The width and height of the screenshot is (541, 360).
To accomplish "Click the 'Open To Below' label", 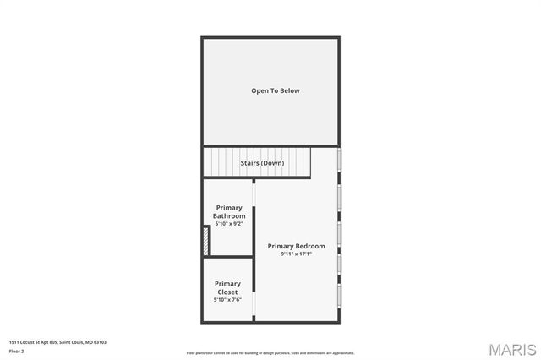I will pyautogui.click(x=275, y=90).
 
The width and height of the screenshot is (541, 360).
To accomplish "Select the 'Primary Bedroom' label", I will pyautogui.click(x=296, y=246).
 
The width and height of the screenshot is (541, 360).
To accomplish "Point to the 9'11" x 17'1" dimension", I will pyautogui.click(x=296, y=254).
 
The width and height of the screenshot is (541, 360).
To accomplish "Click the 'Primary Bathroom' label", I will pyautogui.click(x=229, y=211).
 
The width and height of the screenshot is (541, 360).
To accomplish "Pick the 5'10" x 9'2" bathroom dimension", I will pyautogui.click(x=229, y=224).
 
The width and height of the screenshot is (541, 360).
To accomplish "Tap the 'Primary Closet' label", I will pyautogui.click(x=227, y=287).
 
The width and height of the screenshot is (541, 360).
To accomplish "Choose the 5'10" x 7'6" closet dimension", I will pyautogui.click(x=227, y=300).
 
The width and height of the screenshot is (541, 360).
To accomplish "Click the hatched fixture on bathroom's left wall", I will pyautogui.click(x=206, y=241).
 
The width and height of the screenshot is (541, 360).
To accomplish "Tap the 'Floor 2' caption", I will pyautogui.click(x=17, y=350).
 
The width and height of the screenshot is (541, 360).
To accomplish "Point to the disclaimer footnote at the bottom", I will pyautogui.click(x=270, y=353).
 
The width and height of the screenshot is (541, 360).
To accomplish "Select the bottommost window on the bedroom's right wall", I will pyautogui.click(x=339, y=297).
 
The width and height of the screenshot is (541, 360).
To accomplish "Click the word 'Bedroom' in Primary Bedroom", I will pyautogui.click(x=309, y=246).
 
